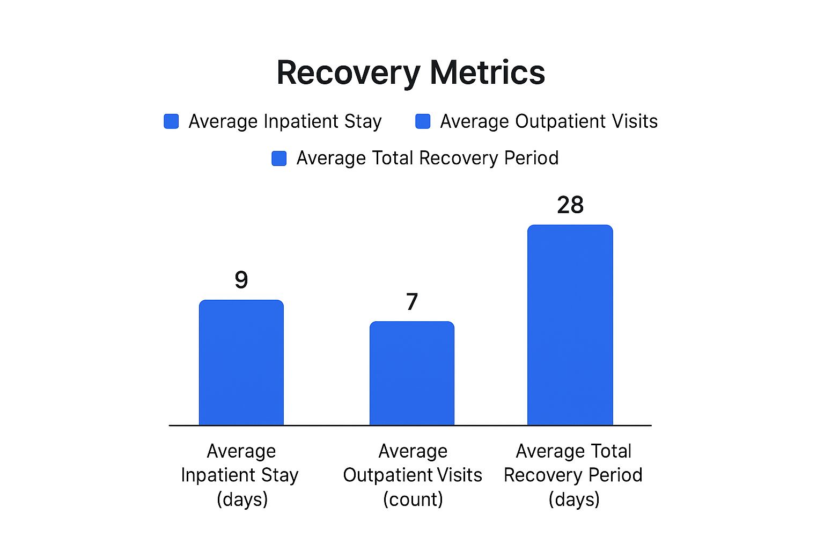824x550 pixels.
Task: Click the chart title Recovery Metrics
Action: (410, 73)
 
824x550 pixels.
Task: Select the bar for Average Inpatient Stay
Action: (241, 363)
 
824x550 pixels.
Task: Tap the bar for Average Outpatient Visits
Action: (412, 373)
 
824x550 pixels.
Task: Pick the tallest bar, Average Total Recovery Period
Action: (570, 325)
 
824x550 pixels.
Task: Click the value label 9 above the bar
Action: (241, 280)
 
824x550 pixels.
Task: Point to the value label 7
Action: (412, 302)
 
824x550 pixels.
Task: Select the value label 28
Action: (570, 205)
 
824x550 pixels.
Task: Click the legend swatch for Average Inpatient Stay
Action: (171, 121)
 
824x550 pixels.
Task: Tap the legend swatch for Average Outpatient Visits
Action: (423, 121)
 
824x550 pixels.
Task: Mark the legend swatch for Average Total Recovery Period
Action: (279, 158)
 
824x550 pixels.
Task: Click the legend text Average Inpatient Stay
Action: (285, 121)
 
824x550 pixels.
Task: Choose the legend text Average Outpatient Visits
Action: (549, 121)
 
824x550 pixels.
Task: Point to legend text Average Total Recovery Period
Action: (428, 158)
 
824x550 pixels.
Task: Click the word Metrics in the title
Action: (487, 73)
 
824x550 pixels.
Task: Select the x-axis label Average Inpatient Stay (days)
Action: (241, 475)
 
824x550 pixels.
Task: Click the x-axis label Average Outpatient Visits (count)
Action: (413, 475)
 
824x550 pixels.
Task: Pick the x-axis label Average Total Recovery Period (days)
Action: (573, 475)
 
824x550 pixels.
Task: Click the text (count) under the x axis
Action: (413, 500)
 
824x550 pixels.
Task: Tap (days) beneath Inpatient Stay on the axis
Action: (242, 500)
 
